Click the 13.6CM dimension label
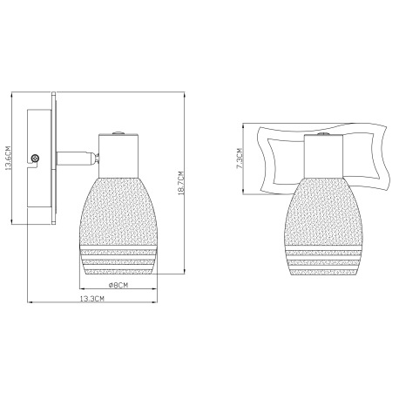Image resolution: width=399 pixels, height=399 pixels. point(9,157)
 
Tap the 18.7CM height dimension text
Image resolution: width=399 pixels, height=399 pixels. point(181,183)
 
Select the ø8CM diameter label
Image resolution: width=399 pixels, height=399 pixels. point(118,285)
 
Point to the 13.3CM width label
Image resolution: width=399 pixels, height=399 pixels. point(92,298)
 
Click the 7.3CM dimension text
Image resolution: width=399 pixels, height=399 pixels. point(240,159)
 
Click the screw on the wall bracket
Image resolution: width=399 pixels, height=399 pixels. point(35,159)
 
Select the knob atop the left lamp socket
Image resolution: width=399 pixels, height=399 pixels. point(118,133)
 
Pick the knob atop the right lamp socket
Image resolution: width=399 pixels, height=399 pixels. point(324,134)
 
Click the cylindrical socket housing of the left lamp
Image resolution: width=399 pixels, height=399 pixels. point(118,156)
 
